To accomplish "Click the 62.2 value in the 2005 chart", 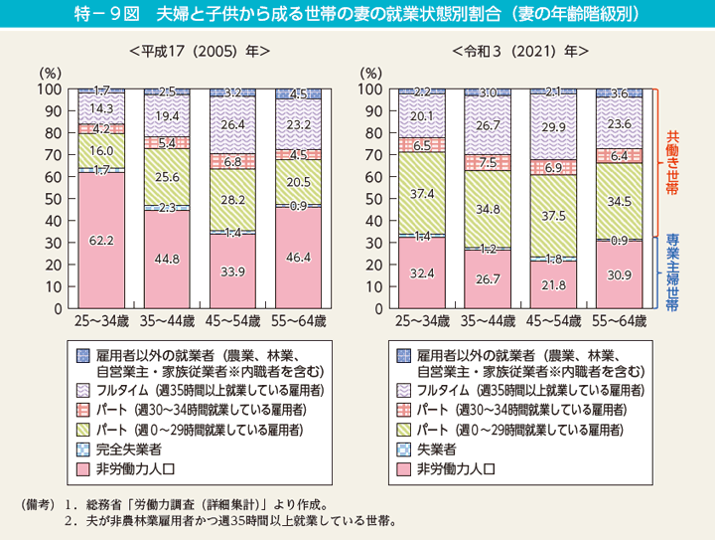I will click(102, 240).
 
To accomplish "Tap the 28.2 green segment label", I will click(233, 199).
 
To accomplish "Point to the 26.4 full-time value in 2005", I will click(233, 126).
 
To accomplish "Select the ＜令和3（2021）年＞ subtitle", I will click(520, 51).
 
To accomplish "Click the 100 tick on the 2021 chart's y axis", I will click(368, 90).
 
